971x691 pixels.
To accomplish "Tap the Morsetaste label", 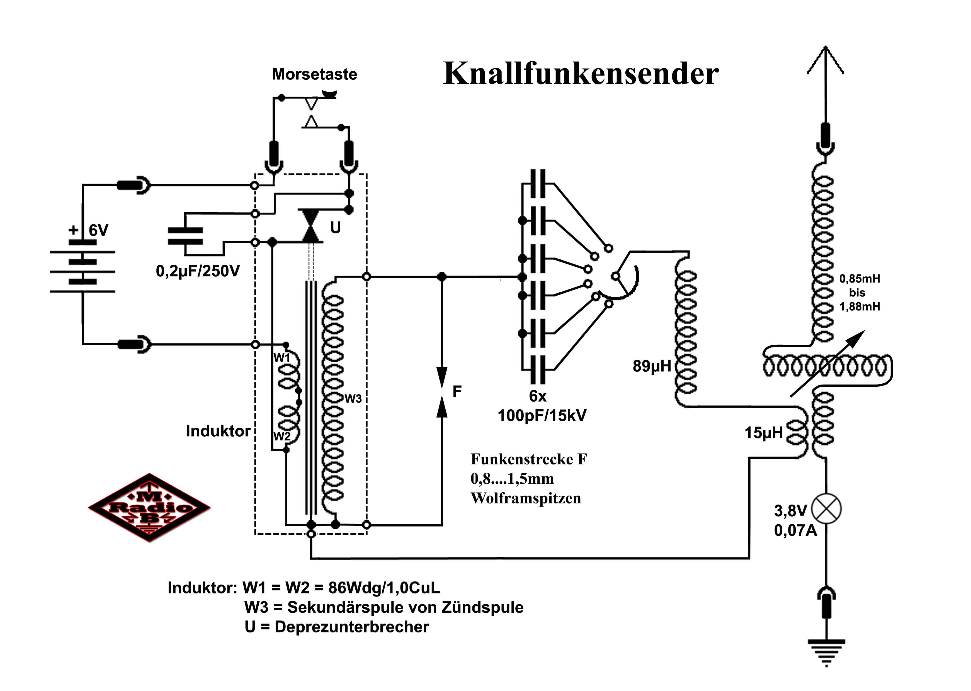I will [x=314, y=74].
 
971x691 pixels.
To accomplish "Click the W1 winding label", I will [x=281, y=357].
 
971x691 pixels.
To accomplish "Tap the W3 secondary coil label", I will [x=353, y=399].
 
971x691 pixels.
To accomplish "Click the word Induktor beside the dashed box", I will [x=218, y=431].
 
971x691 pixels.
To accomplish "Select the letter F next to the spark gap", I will [x=457, y=391].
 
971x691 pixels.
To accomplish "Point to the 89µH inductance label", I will [x=651, y=366].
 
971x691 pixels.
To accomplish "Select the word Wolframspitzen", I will [x=526, y=498].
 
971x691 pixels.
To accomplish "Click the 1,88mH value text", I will [x=860, y=306].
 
